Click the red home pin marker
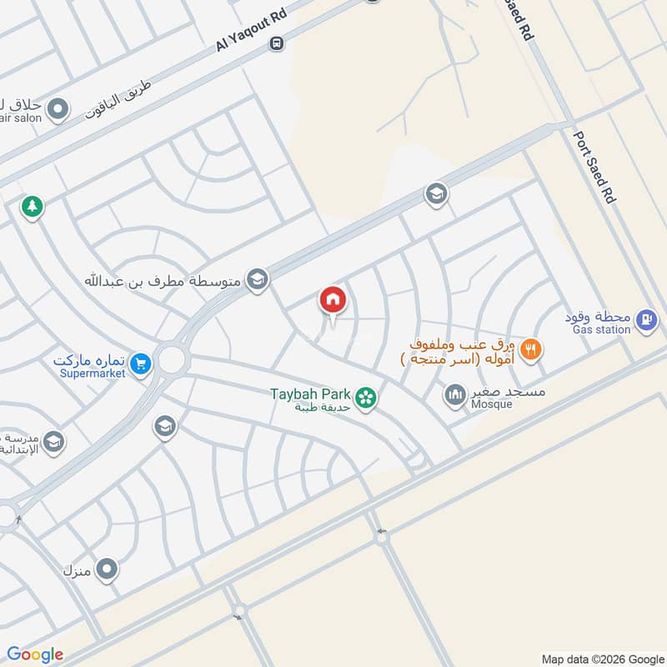point(333,300)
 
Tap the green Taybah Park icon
point(364,399)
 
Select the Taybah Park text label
point(310,393)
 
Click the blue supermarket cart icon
point(140,364)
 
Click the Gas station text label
point(601,330)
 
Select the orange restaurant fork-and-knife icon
point(529,349)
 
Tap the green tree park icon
point(33,206)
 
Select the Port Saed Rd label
point(593,168)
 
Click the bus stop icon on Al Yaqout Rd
point(277,43)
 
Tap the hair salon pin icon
point(58,108)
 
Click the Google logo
point(35,654)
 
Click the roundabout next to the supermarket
point(172,360)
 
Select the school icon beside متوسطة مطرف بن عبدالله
point(258,280)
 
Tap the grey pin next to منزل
point(107,570)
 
